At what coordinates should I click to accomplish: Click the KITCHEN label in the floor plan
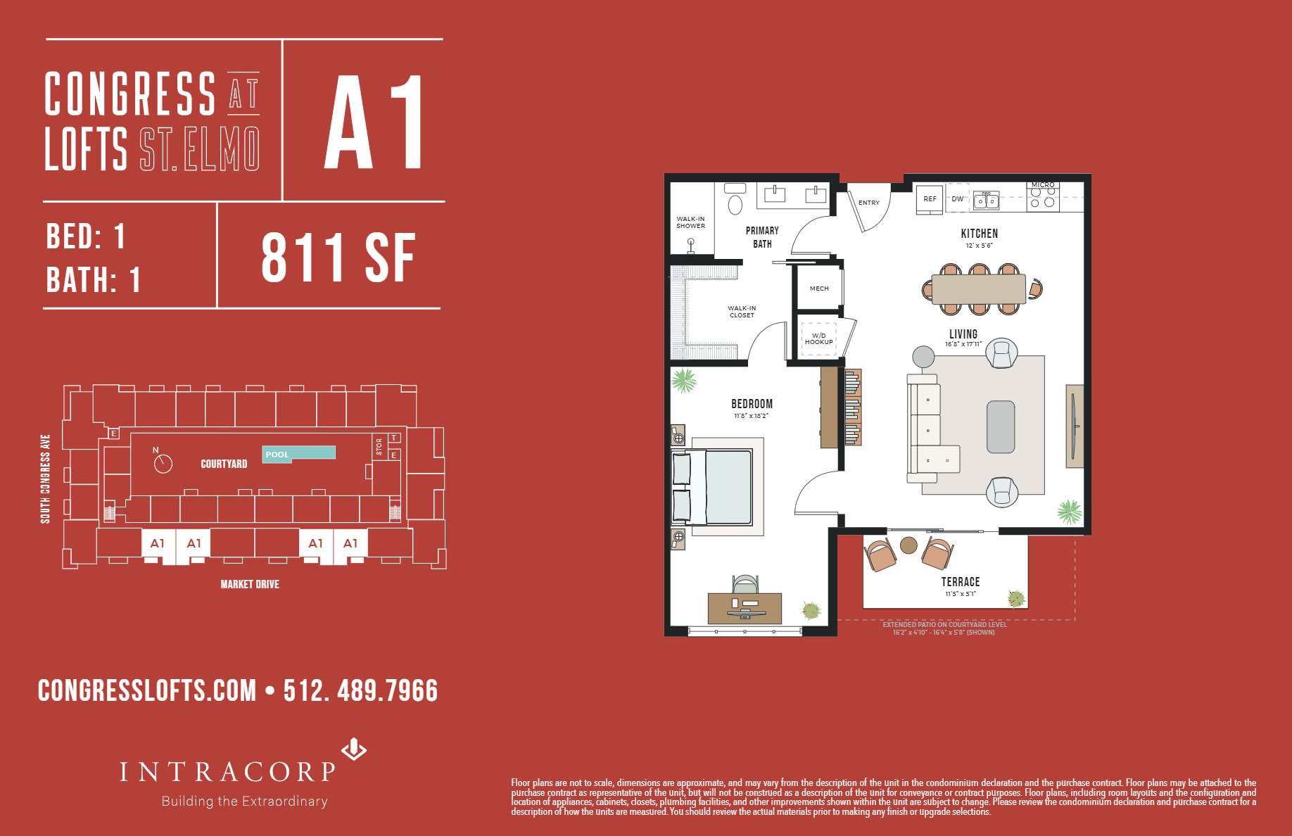pos(979,234)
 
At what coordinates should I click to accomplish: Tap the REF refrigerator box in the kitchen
pos(930,199)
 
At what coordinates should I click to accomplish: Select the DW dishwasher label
pos(957,199)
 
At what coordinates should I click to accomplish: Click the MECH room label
pos(819,289)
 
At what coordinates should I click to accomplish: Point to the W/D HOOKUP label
pos(818,339)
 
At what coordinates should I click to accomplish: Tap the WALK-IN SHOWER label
pos(690,222)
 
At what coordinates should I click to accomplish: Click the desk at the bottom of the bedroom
pos(745,608)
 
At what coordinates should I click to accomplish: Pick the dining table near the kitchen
pos(978,289)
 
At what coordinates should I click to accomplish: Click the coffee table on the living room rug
pos(1001,427)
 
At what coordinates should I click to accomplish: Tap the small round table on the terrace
pos(908,545)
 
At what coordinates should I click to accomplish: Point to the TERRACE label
pos(961,582)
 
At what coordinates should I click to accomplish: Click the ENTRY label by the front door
pos(869,203)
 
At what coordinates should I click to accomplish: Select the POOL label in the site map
pos(277,455)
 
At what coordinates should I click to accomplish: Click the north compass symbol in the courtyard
pos(163,462)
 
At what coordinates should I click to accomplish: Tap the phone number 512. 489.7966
pos(360,691)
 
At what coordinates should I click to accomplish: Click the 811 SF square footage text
pos(338,258)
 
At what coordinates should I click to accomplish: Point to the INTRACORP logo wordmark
pos(228,772)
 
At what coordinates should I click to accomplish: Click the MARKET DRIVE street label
pos(250,584)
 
